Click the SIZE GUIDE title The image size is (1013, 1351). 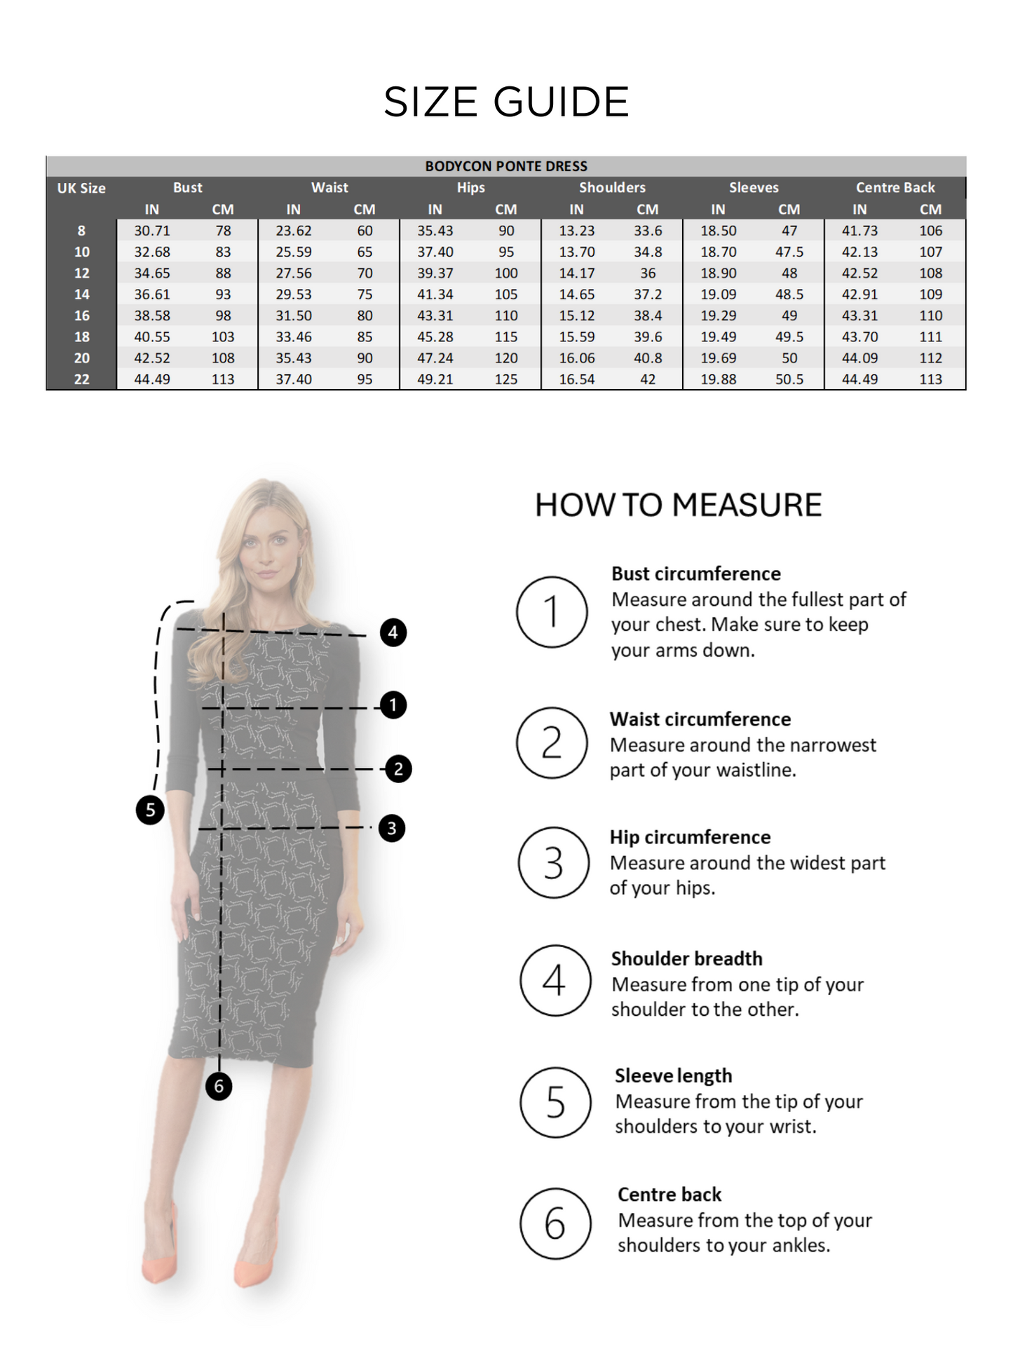click(506, 102)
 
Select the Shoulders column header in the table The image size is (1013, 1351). click(612, 188)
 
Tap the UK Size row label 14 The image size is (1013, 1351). click(81, 294)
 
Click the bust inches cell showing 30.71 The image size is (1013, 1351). click(152, 231)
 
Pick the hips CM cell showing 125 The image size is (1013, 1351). click(506, 379)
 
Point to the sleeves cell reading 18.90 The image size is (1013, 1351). click(718, 273)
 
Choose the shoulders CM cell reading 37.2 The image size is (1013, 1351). click(648, 294)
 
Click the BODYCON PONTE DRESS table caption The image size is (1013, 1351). click(506, 166)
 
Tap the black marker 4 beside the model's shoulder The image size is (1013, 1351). click(393, 632)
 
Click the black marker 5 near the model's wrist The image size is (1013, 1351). click(150, 810)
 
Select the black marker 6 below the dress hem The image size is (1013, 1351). click(219, 1086)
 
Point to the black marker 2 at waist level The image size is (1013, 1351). click(398, 769)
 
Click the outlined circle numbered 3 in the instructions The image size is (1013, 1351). click(553, 863)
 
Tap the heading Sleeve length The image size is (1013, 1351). click(673, 1075)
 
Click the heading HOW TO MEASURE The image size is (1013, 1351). click(678, 505)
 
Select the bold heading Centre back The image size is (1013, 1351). click(669, 1195)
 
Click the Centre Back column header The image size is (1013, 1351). click(895, 188)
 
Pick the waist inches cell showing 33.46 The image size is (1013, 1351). click(294, 337)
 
